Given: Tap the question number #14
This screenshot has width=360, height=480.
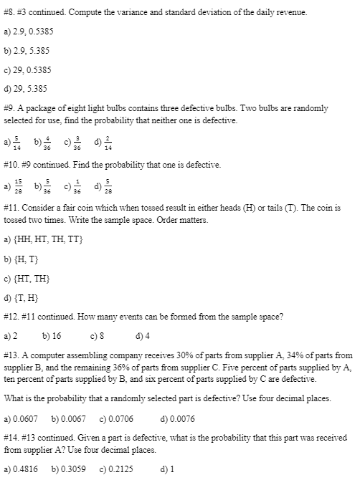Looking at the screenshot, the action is point(12,436).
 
